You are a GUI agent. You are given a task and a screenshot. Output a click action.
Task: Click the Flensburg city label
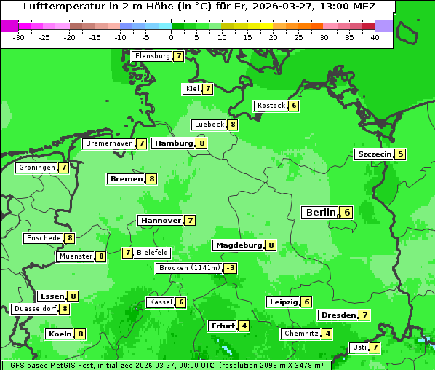pos(153,56)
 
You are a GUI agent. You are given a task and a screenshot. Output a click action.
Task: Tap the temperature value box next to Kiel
pos(207,90)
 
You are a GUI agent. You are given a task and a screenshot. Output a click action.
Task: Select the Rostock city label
pos(271,106)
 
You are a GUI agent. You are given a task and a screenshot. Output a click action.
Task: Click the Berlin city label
pos(319,213)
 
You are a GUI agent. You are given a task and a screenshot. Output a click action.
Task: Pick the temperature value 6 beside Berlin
pos(347,213)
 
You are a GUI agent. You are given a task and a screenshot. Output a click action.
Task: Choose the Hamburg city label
pos(173,143)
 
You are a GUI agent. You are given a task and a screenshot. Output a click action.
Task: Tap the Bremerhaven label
pos(109,144)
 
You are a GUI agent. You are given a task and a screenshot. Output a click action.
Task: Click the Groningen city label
pos(36,168)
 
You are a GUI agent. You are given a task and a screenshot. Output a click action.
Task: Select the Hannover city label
pos(161,220)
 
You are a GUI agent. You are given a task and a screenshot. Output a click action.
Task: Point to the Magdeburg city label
pos(238,245)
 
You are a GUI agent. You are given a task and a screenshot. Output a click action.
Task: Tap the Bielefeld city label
pos(153,253)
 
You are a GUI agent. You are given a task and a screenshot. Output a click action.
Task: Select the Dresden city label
pos(338,315)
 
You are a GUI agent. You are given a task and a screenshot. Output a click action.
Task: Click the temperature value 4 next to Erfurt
pos(244,326)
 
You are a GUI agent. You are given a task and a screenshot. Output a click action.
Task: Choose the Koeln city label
pos(59,334)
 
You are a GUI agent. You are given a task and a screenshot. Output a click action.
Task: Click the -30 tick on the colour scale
pos(20,36)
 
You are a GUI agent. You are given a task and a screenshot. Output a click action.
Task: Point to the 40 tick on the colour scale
pos(375,36)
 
